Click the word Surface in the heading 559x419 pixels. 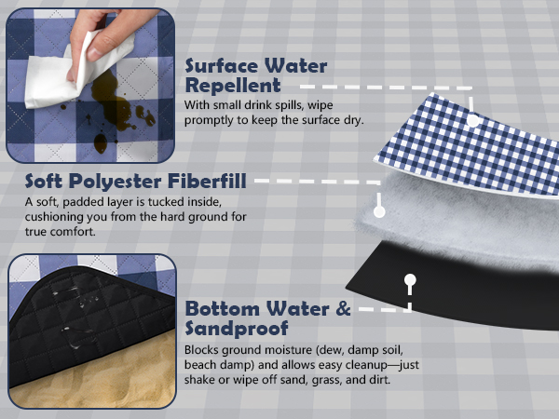point(221,66)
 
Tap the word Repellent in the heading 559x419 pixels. point(233,86)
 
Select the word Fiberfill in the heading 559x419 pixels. point(207,181)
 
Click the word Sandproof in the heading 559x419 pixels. point(237,328)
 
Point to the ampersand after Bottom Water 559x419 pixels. point(343,308)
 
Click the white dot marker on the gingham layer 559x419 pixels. point(473,120)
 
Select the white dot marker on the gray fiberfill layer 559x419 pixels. point(379,211)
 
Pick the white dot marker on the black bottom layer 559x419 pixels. point(410,279)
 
